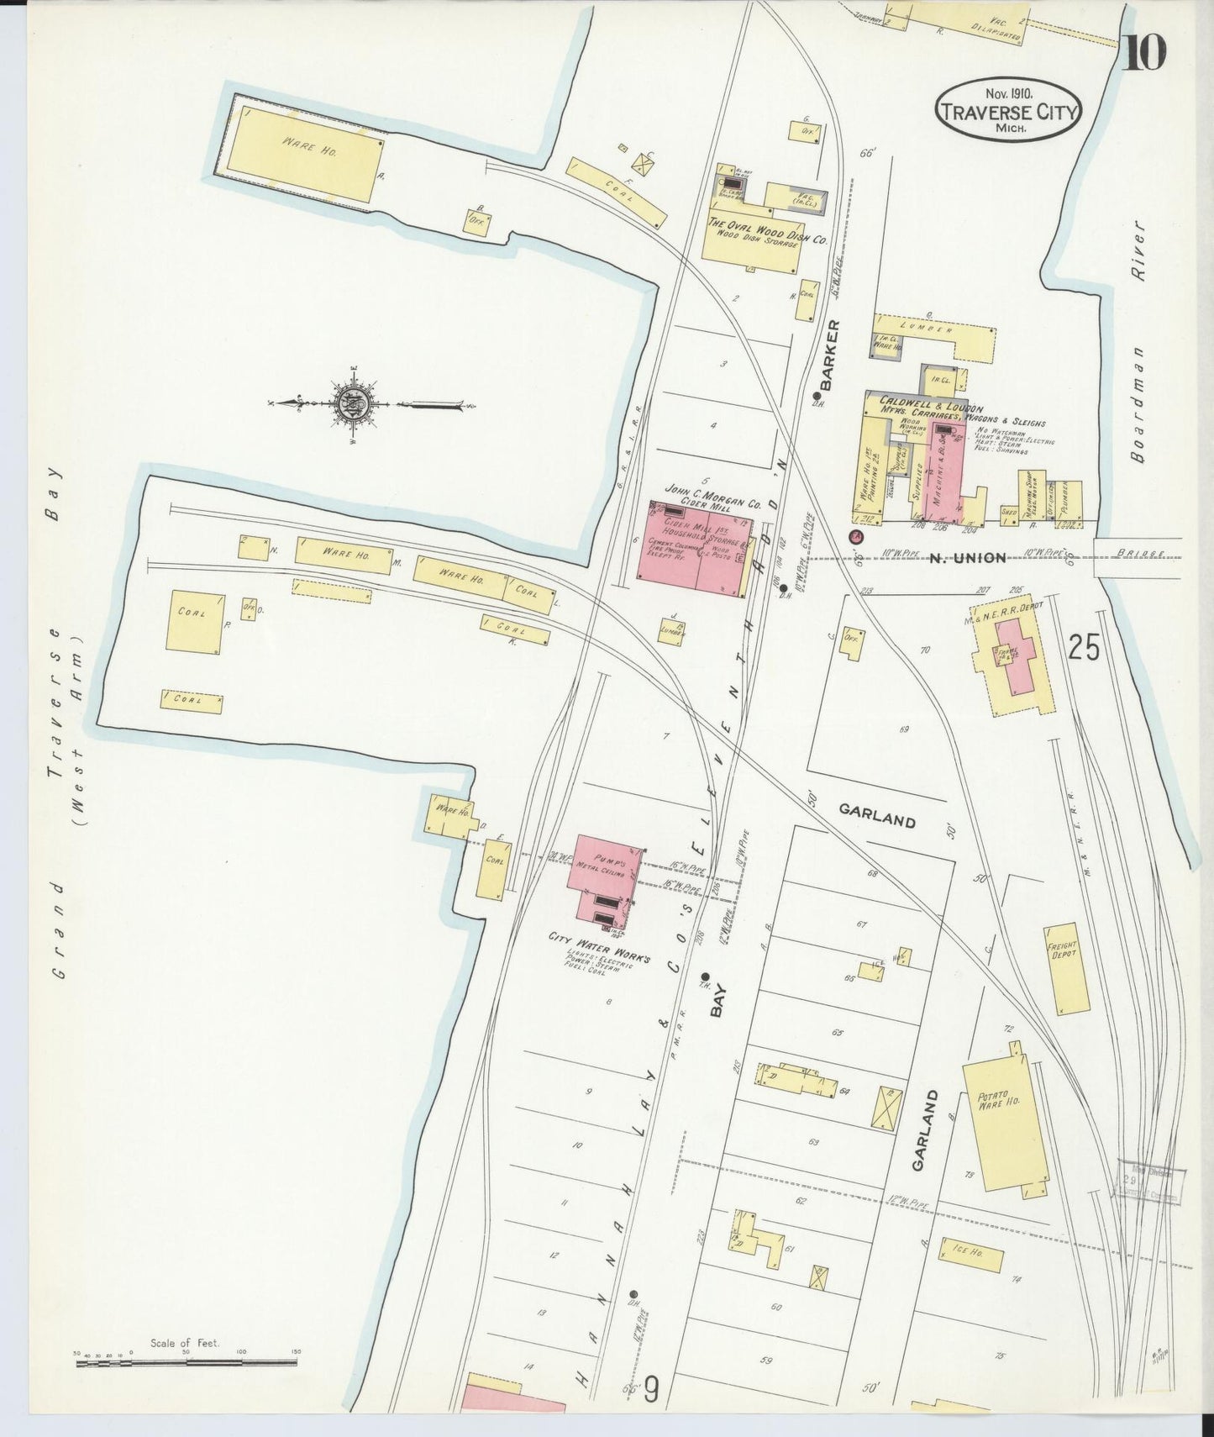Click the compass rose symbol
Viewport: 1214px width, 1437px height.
pyautogui.click(x=347, y=405)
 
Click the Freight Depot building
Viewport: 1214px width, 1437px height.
pyautogui.click(x=1065, y=969)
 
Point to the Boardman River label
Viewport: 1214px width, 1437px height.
pyautogui.click(x=1138, y=341)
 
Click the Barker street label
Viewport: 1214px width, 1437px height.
pyautogui.click(x=832, y=355)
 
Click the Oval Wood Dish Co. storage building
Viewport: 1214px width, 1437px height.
pyautogui.click(x=753, y=239)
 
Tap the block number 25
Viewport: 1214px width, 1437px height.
pyautogui.click(x=1084, y=647)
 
